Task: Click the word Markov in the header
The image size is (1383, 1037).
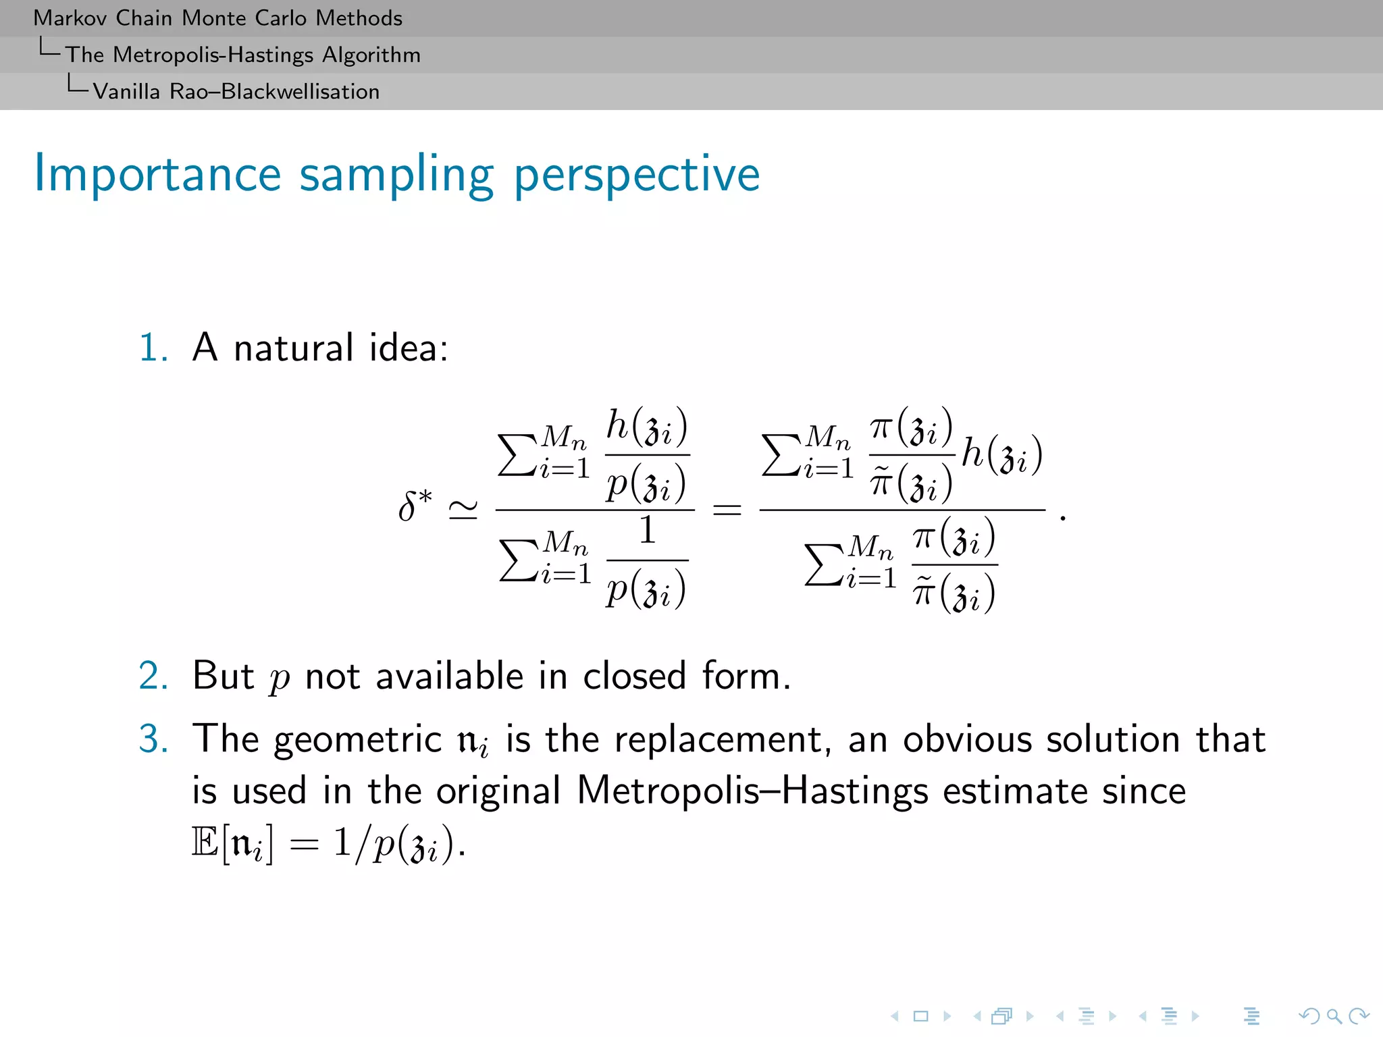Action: (70, 18)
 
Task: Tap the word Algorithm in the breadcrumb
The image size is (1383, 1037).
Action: (371, 55)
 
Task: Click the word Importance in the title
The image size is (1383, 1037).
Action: (157, 174)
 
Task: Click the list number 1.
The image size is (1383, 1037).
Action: (153, 348)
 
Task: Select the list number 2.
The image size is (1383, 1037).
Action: (153, 676)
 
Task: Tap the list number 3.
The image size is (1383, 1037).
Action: (153, 739)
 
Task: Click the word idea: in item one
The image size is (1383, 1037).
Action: (409, 348)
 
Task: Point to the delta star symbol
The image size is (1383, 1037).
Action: (414, 506)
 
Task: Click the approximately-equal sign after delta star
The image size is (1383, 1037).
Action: (463, 510)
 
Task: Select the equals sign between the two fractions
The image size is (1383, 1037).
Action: (727, 510)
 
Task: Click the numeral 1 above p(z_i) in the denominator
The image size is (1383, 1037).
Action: (647, 530)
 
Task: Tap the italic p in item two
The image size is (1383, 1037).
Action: (279, 679)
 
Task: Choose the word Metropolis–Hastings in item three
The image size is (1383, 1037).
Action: (752, 791)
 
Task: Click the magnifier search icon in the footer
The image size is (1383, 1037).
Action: (1333, 1016)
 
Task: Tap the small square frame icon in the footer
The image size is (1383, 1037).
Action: (920, 1016)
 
